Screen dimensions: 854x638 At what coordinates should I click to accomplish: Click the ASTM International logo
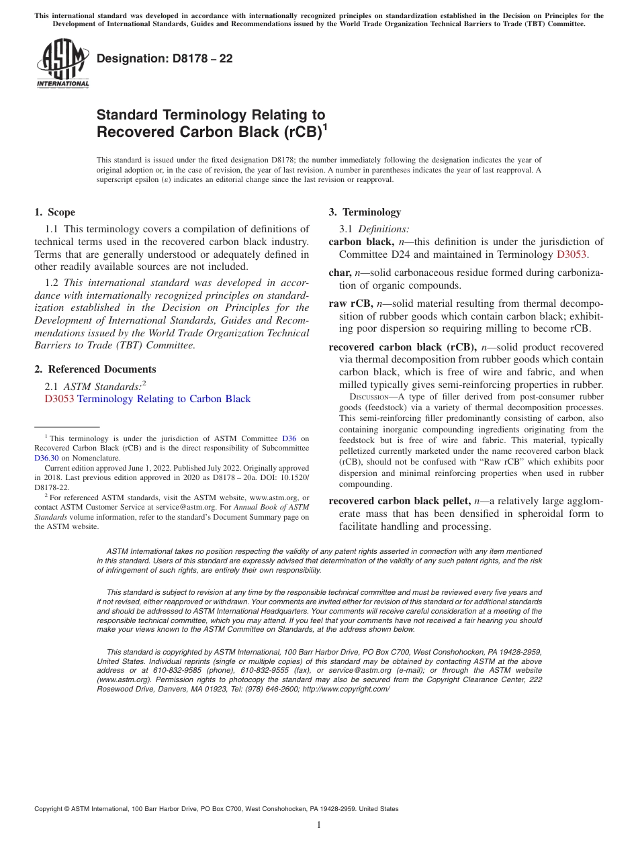point(62,63)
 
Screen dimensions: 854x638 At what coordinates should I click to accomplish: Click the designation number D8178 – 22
point(165,58)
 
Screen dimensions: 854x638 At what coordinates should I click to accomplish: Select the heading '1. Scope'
point(54,212)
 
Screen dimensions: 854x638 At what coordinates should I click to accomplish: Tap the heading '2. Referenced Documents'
point(95,369)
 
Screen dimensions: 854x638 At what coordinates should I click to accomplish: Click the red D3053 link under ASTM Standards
point(59,399)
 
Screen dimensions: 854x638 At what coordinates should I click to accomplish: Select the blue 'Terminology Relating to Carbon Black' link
point(164,399)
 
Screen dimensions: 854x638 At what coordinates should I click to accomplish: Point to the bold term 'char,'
point(340,273)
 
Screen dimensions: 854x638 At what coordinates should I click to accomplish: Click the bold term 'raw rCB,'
point(351,303)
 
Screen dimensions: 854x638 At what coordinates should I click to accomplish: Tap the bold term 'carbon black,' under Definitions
point(361,242)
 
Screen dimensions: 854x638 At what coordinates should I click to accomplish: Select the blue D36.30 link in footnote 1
point(46,458)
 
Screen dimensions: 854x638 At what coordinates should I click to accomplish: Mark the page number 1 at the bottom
point(319,825)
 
